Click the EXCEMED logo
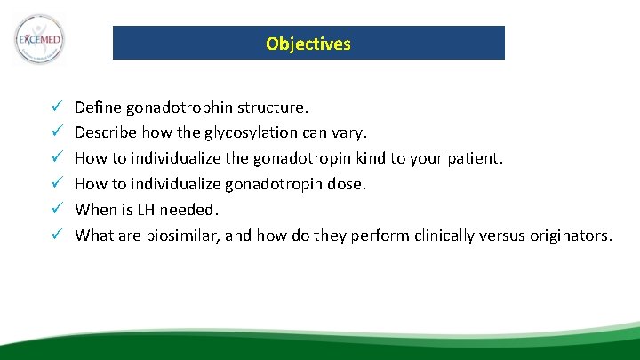click(x=40, y=39)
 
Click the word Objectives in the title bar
click(x=308, y=44)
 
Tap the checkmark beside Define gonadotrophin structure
click(x=55, y=108)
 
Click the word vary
click(x=348, y=133)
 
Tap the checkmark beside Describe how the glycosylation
click(x=55, y=133)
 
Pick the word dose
click(x=349, y=184)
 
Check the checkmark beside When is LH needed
click(x=55, y=210)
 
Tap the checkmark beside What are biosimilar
click(x=55, y=236)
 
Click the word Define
click(x=98, y=108)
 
